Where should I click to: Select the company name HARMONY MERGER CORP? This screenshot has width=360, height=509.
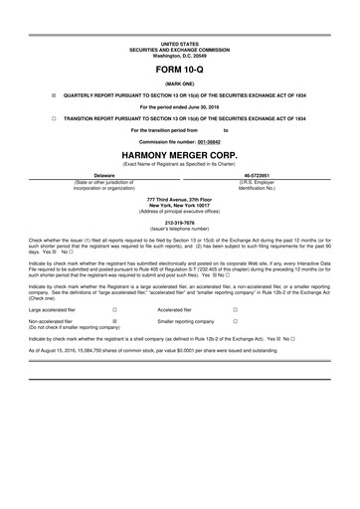[179, 157]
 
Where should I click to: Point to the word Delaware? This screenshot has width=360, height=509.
[90, 175]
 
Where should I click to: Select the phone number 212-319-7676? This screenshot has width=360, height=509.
[179, 223]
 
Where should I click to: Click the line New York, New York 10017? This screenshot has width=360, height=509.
[179, 207]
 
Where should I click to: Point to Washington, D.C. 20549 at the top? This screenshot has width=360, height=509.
[179, 56]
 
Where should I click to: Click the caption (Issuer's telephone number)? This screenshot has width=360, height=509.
[179, 229]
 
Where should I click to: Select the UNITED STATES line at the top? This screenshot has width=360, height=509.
[179, 45]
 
